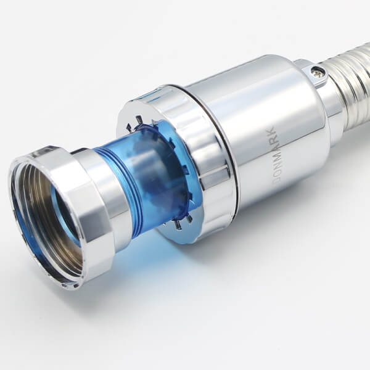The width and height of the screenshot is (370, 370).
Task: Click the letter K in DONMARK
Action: pyautogui.click(x=271, y=131)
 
